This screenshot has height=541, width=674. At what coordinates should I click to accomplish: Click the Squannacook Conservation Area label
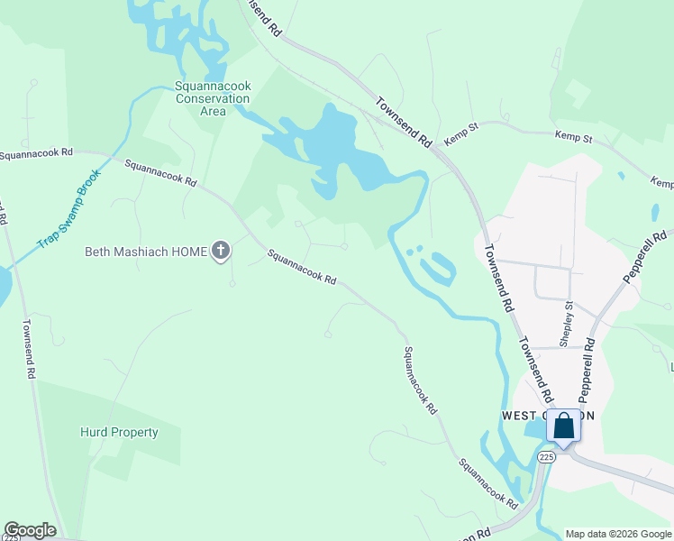click(213, 98)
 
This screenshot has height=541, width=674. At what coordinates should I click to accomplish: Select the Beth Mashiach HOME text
click(145, 251)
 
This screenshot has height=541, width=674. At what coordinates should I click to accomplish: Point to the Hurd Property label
click(119, 432)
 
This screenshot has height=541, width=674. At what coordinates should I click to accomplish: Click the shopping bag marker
click(563, 426)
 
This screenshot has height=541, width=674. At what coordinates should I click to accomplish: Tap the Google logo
click(30, 530)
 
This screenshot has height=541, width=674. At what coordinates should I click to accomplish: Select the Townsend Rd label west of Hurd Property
click(29, 348)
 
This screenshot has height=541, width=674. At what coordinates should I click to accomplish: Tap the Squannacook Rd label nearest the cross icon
click(302, 268)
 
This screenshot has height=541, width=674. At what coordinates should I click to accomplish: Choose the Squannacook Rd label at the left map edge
click(36, 154)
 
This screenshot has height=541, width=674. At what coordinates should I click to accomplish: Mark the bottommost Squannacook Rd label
click(487, 482)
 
